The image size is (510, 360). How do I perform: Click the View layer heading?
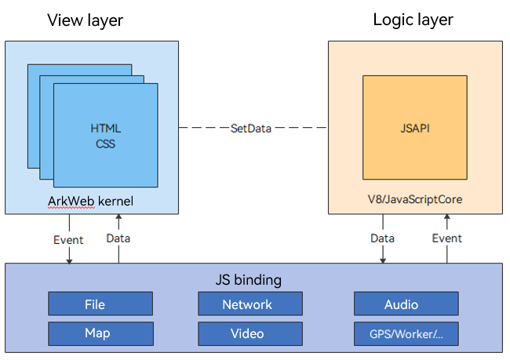click(86, 20)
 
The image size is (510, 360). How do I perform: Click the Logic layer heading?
click(413, 20)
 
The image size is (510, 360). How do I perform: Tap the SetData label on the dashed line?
click(251, 128)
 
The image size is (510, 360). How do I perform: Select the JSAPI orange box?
click(414, 128)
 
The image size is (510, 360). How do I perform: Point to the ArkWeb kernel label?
click(90, 202)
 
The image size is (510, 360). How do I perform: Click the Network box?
click(247, 304)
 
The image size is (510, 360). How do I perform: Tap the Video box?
click(247, 333)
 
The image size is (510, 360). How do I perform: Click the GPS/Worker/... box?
click(406, 333)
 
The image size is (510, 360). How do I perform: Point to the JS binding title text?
click(248, 280)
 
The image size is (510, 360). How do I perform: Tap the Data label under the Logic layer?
click(382, 238)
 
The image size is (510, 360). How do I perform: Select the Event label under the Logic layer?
click(448, 238)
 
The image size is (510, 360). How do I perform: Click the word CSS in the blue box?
click(106, 144)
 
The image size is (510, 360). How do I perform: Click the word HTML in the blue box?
click(106, 128)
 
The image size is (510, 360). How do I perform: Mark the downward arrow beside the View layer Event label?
click(69, 255)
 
